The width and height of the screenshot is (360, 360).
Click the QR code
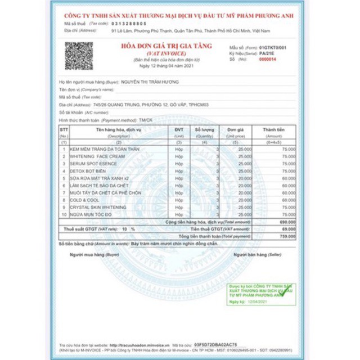79,56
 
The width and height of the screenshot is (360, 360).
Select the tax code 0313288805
129,24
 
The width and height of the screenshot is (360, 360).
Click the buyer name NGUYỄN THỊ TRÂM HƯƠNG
150,82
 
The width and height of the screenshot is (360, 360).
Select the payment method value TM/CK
146,120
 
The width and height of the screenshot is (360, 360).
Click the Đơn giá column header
236,130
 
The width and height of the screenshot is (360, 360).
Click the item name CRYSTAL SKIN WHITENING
97,207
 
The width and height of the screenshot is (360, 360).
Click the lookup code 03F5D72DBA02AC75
217,345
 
